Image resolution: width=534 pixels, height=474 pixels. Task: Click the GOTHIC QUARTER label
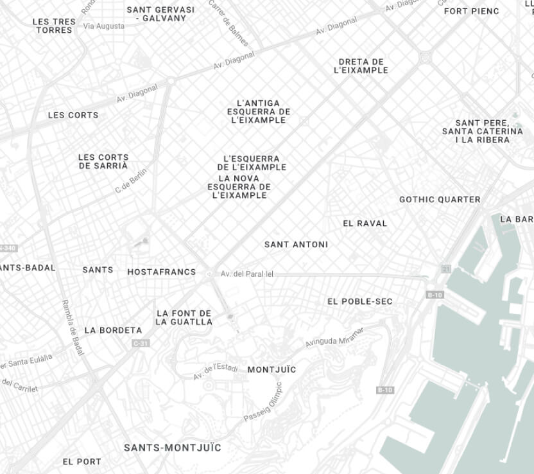click(440, 200)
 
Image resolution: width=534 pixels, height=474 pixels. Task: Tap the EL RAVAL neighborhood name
click(365, 224)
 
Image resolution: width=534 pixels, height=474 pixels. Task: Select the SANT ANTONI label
click(296, 245)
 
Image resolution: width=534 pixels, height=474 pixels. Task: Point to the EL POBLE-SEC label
click(360, 301)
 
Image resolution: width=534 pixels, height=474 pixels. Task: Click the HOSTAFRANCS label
click(162, 272)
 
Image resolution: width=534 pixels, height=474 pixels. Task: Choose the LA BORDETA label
click(113, 330)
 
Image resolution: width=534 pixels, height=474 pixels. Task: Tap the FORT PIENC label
click(471, 11)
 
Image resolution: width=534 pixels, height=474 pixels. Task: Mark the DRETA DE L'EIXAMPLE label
click(361, 66)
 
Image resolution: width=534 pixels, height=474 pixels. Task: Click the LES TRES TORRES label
click(54, 26)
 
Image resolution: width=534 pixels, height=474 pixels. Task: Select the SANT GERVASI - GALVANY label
click(160, 14)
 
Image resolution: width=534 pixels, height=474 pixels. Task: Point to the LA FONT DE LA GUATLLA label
click(184, 317)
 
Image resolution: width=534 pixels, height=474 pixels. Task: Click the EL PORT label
click(82, 461)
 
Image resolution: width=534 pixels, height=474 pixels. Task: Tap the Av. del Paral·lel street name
click(247, 274)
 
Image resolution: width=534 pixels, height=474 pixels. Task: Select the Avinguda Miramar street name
click(334, 337)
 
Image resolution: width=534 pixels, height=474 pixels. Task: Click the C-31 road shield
click(141, 344)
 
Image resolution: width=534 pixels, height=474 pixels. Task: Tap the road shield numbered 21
click(445, 267)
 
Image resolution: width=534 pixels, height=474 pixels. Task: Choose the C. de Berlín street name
click(131, 181)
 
